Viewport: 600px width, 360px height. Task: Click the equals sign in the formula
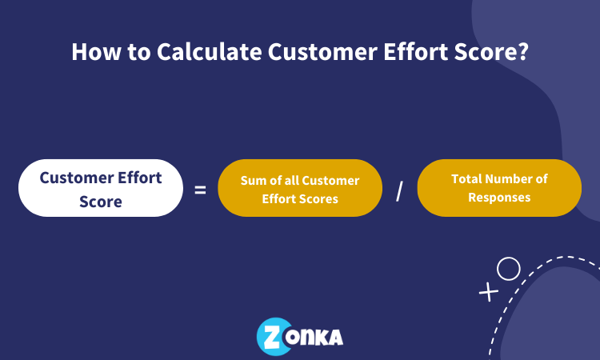pos(200,190)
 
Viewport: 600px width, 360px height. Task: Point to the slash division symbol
pos(399,191)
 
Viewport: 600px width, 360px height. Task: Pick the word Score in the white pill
pos(101,201)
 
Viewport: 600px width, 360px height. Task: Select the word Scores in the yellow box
pos(318,198)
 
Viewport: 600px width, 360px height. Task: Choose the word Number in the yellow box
pos(514,179)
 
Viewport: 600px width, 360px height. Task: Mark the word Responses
pos(499,197)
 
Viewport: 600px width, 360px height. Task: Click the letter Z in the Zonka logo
pos(270,336)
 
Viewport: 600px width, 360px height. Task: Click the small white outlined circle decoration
pos(508,269)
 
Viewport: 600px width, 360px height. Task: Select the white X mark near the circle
pos(487,292)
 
